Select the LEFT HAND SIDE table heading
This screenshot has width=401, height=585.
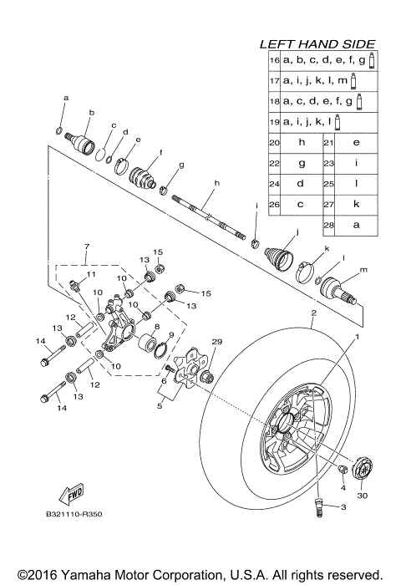click(317, 43)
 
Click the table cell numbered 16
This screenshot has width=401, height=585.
click(273, 60)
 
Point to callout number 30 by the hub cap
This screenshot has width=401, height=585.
click(362, 495)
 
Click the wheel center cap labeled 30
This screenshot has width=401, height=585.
click(363, 467)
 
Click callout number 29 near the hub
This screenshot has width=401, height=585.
click(218, 343)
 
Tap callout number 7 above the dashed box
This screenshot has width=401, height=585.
click(84, 248)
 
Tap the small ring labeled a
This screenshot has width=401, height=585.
click(58, 129)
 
